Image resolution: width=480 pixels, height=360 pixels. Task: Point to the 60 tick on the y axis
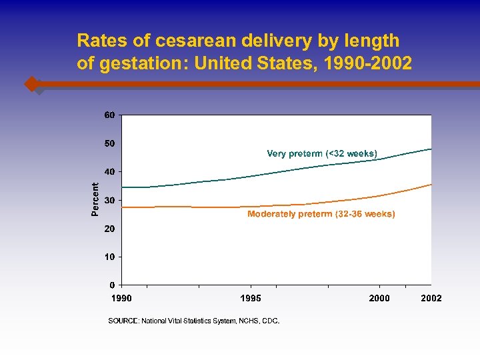110,115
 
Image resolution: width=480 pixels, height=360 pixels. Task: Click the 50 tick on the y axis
110,143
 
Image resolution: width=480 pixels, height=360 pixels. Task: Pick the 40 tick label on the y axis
110,171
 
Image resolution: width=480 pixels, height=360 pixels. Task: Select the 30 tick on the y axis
110,200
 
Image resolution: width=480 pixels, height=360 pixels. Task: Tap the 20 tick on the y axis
110,229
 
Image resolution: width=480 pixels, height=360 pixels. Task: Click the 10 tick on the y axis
110,257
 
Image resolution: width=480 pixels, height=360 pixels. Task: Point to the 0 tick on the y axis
112,285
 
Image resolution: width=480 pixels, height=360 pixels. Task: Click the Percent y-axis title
95,199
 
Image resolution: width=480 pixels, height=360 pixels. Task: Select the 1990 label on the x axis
121,298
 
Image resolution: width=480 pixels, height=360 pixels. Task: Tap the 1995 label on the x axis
251,298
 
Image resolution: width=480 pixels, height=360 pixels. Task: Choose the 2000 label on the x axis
379,298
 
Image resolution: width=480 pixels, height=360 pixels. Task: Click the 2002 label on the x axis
431,298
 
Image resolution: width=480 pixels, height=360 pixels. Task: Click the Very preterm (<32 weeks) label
322,154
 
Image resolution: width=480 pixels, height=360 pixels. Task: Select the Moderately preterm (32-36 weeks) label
321,214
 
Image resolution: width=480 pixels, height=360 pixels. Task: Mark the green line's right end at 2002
431,149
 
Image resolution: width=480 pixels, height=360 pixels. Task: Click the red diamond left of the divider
31,84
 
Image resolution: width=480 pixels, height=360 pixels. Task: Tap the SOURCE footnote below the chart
194,321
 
